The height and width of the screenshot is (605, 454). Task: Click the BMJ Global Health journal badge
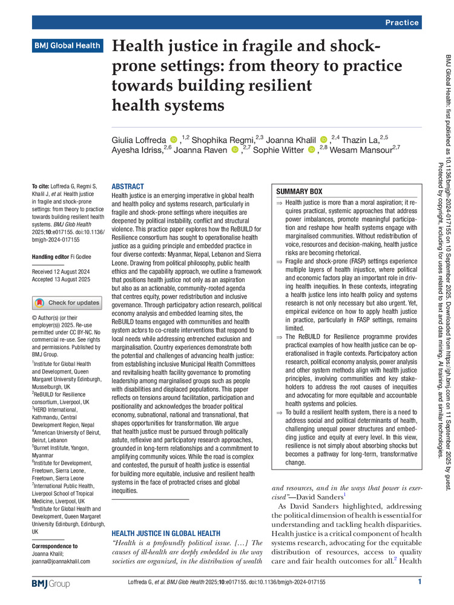[67, 45]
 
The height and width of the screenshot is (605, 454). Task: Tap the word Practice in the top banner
[401, 22]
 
